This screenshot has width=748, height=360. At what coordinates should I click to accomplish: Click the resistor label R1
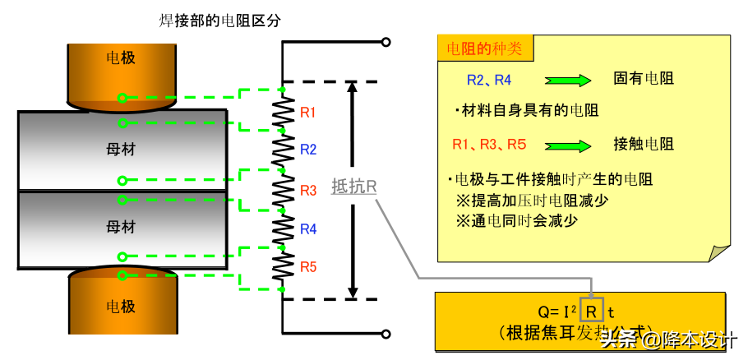(x=308, y=112)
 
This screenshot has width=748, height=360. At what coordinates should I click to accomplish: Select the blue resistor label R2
(x=308, y=150)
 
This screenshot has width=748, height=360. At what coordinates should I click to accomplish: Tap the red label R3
(x=308, y=191)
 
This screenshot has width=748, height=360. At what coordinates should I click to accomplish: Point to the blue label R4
(x=308, y=229)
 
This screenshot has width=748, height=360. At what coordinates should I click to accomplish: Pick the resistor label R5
(x=308, y=266)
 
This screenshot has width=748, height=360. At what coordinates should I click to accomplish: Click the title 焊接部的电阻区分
(x=219, y=21)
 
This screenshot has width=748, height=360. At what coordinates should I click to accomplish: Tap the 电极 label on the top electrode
(x=122, y=58)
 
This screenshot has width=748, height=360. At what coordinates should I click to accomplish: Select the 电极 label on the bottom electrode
(x=122, y=307)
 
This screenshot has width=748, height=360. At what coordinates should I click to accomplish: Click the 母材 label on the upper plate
(x=122, y=149)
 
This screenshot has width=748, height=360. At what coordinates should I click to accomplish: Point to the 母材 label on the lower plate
(x=122, y=226)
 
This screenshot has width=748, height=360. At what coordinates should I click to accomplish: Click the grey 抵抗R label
(x=354, y=187)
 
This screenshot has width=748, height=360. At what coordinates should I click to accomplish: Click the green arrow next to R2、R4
(x=568, y=80)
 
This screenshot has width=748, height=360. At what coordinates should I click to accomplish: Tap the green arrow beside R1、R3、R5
(x=568, y=145)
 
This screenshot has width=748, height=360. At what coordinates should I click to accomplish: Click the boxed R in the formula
(x=592, y=312)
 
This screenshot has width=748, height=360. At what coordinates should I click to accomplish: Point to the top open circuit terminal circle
(x=386, y=42)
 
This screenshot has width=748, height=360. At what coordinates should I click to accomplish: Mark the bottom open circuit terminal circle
(x=386, y=334)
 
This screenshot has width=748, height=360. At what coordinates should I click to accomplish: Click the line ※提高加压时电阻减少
(x=531, y=201)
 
